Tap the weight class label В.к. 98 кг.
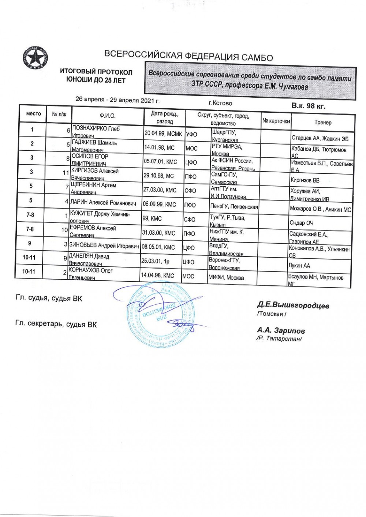click(308, 106)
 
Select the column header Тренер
click(322, 123)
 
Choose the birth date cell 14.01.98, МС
click(159, 148)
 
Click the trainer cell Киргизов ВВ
click(305, 180)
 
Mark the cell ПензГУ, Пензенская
click(234, 207)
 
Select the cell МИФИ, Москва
click(226, 278)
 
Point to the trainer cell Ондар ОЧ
click(301, 223)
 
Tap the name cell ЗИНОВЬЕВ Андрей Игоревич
click(104, 246)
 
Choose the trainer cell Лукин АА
click(299, 266)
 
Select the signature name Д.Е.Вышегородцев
click(293, 305)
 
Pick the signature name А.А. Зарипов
click(281, 331)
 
